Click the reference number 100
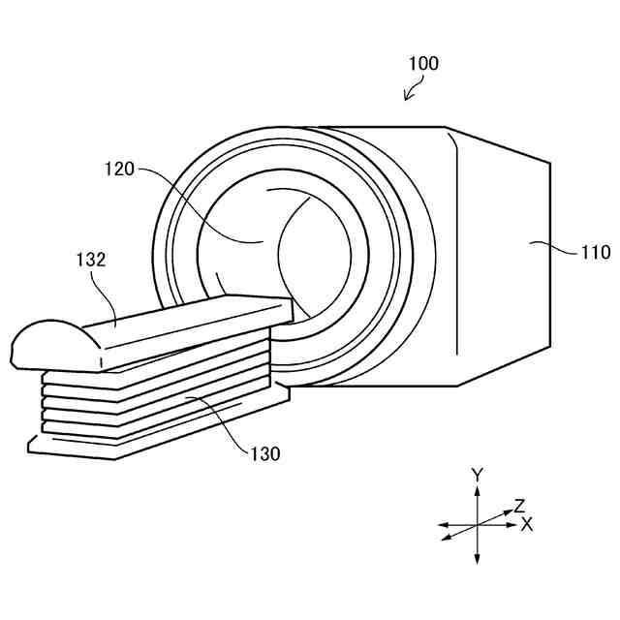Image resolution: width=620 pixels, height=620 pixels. pyautogui.click(x=423, y=64)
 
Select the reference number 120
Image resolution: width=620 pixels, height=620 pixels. pyautogui.click(x=120, y=169)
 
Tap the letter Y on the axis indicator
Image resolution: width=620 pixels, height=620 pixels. pyautogui.click(x=477, y=475)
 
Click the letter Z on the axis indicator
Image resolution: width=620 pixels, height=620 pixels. pyautogui.click(x=519, y=505)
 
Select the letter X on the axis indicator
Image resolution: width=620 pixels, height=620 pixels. pyautogui.click(x=527, y=524)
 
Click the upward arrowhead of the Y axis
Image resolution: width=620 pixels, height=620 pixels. pyautogui.click(x=477, y=490)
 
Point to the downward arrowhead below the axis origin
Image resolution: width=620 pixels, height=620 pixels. pyautogui.click(x=477, y=560)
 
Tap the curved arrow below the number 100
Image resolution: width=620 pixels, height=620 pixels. pyautogui.click(x=413, y=90)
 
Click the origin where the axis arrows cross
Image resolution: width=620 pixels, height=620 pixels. pyautogui.click(x=477, y=524)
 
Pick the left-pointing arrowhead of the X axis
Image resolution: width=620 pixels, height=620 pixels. pyautogui.click(x=442, y=524)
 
